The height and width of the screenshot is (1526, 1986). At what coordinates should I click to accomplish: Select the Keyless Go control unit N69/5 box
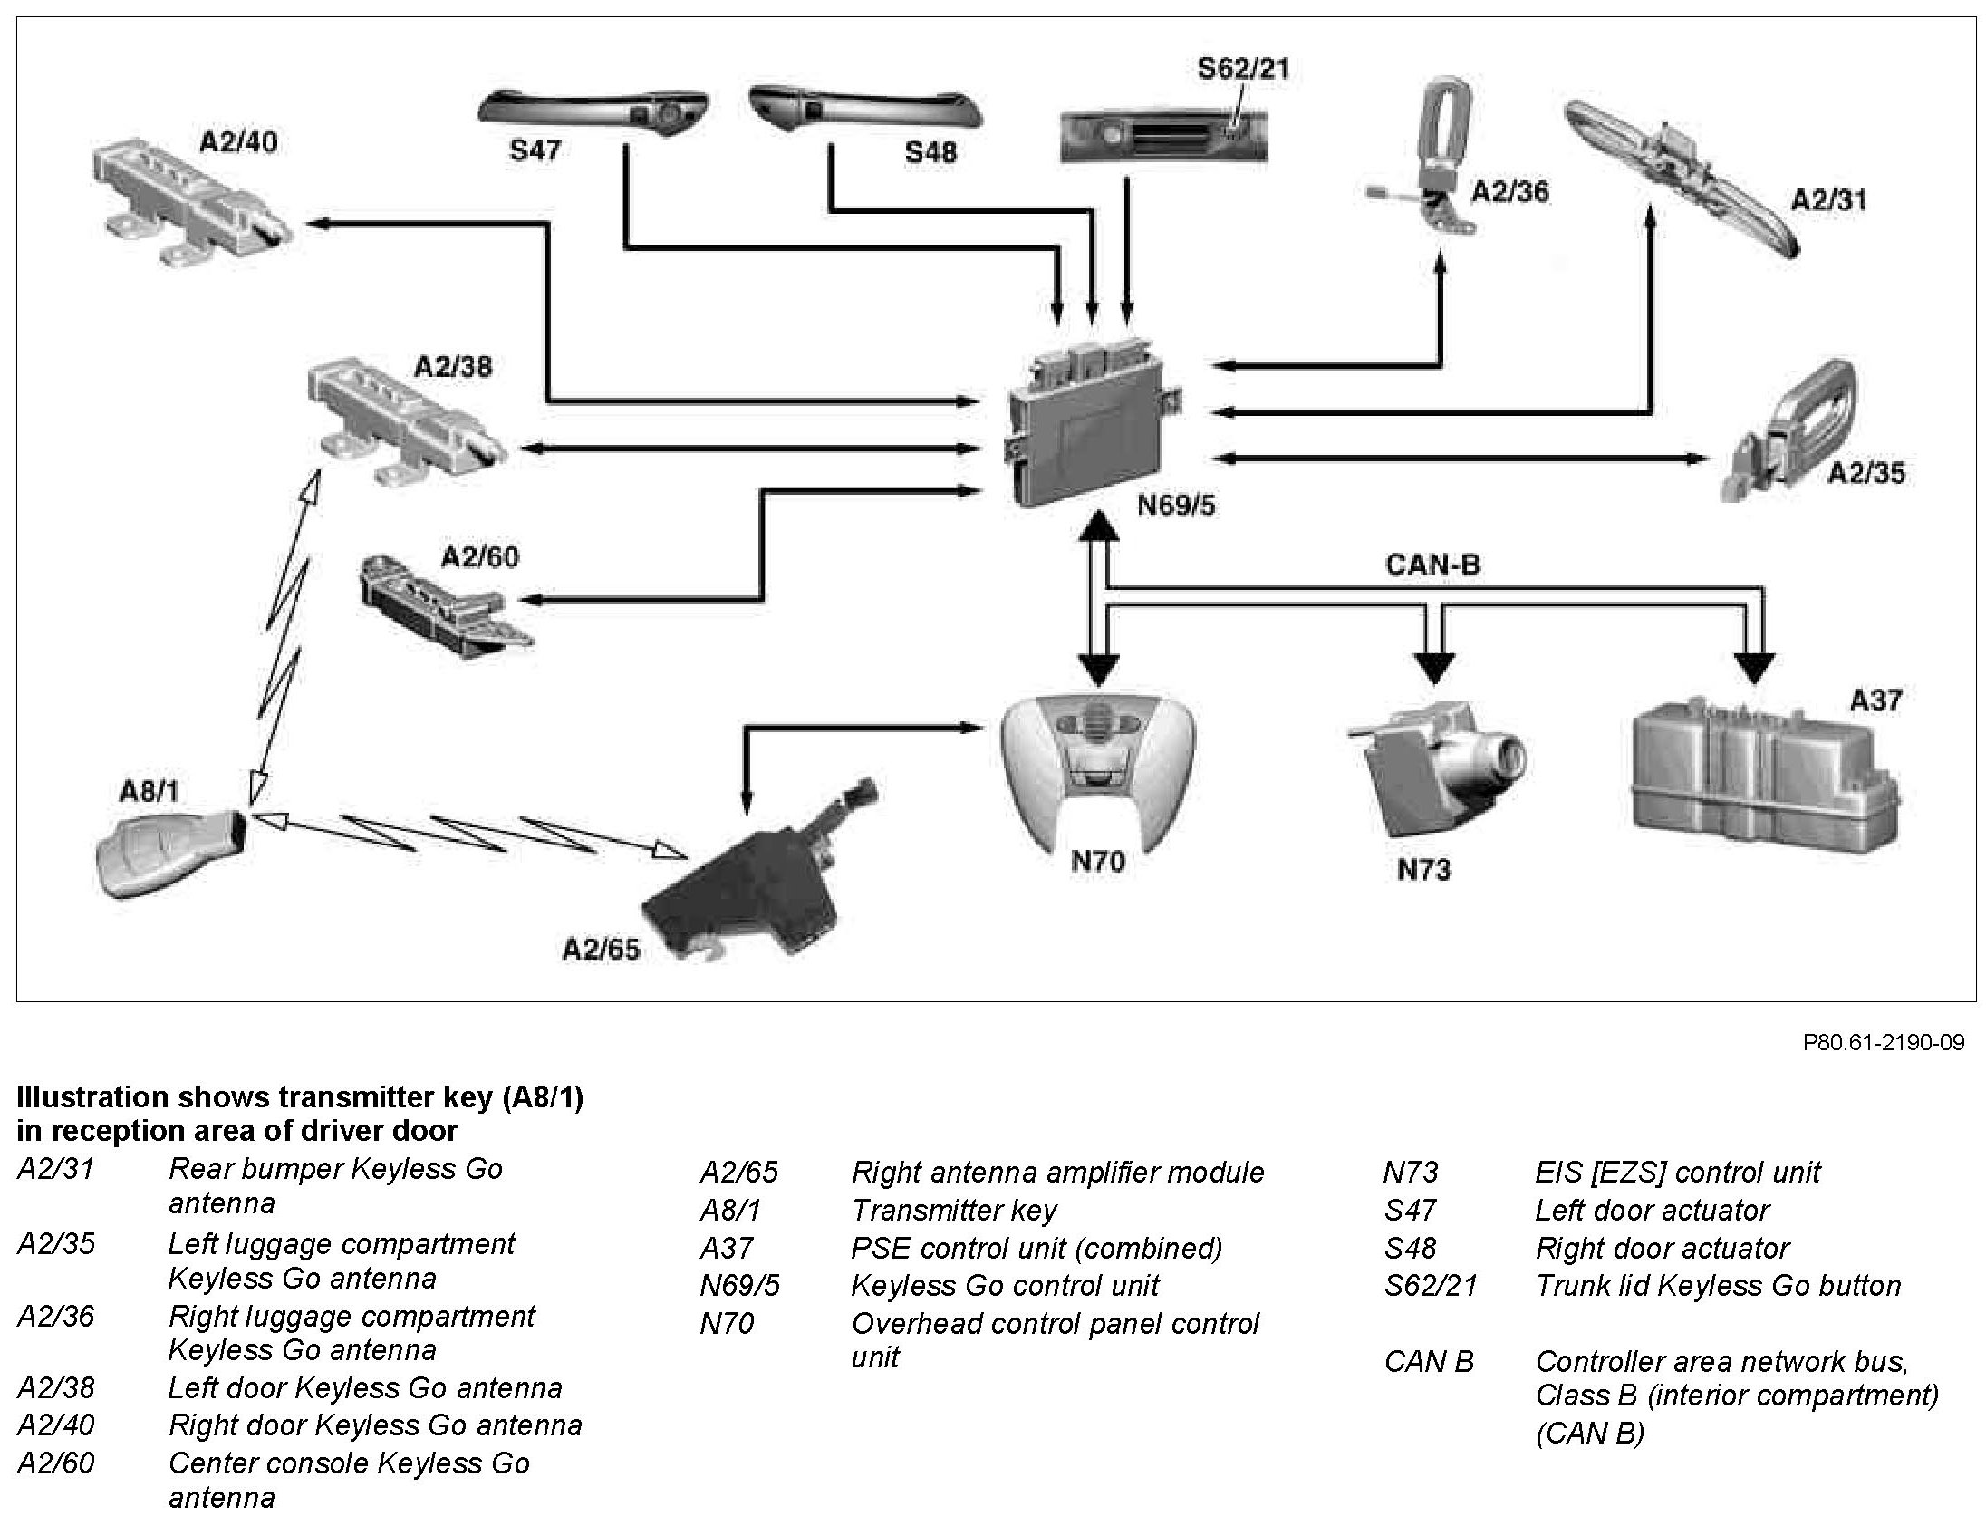[1090, 422]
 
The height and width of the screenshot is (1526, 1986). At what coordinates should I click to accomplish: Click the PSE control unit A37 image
[1761, 777]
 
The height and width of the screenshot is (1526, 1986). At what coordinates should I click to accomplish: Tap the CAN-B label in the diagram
[1432, 565]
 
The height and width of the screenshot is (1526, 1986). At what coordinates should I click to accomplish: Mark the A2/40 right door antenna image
[190, 205]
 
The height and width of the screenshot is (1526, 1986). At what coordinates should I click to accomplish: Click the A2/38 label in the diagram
[452, 367]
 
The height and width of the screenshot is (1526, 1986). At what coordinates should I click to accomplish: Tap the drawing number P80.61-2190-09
[1884, 1043]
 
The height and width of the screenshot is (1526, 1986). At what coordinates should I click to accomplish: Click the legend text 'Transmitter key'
[953, 1211]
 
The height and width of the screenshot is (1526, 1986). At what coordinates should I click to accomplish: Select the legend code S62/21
[1431, 1286]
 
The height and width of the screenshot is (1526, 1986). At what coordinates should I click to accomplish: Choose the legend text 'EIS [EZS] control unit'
[1677, 1173]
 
